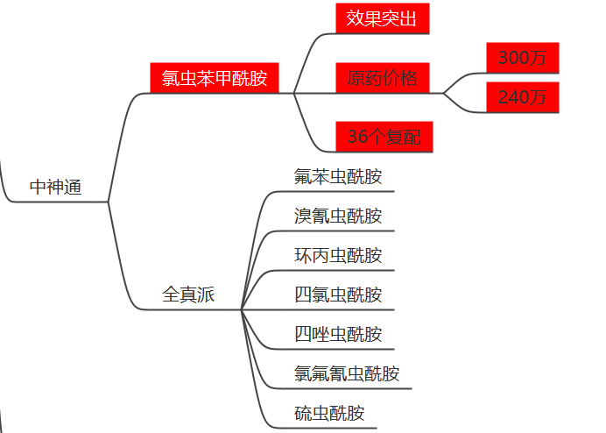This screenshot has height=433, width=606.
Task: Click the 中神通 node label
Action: click(x=56, y=187)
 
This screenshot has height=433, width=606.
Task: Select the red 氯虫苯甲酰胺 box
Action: click(x=215, y=78)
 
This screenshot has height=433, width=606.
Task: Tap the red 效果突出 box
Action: click(x=382, y=18)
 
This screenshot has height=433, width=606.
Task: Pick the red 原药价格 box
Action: click(x=382, y=78)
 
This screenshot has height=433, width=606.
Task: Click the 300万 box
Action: click(x=523, y=58)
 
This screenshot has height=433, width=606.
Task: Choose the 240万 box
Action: click(x=523, y=97)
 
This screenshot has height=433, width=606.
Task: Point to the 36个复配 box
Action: click(x=384, y=137)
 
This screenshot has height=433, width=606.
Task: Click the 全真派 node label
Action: click(x=188, y=295)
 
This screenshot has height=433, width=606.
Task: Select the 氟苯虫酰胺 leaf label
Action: click(x=338, y=176)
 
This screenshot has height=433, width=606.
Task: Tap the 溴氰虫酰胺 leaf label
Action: click(x=338, y=216)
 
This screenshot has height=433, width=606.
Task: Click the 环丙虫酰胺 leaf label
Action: click(x=338, y=255)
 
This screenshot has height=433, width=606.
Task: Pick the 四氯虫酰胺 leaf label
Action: click(x=338, y=295)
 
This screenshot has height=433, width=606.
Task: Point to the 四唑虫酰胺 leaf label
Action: click(x=338, y=334)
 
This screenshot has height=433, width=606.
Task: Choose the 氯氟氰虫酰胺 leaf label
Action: click(x=347, y=373)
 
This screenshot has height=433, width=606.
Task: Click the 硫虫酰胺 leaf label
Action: click(x=329, y=413)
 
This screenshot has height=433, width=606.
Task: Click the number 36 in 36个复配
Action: click(x=357, y=137)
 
